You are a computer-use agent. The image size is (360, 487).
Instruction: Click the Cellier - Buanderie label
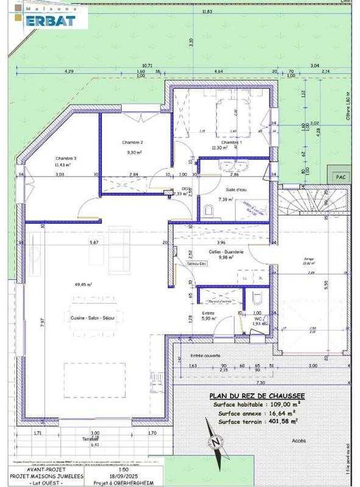pyautogui.click(x=227, y=252)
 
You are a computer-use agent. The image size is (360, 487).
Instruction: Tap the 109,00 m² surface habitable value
pyautogui.click(x=281, y=404)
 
